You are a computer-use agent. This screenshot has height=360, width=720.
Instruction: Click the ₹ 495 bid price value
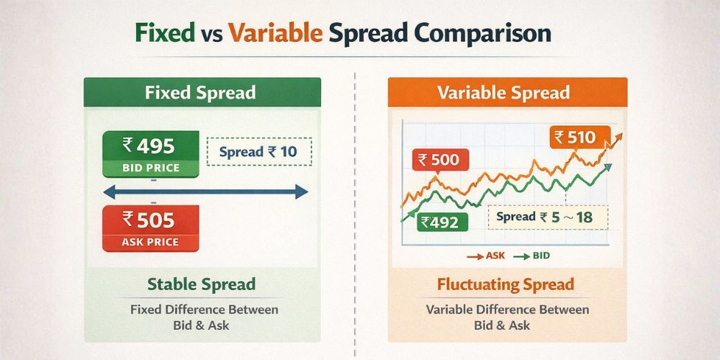click(149, 146)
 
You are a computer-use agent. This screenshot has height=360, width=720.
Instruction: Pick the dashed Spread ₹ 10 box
click(258, 153)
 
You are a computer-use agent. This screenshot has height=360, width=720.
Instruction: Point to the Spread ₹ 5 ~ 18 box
click(548, 216)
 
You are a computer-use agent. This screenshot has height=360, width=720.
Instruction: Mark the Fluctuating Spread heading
click(505, 284)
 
